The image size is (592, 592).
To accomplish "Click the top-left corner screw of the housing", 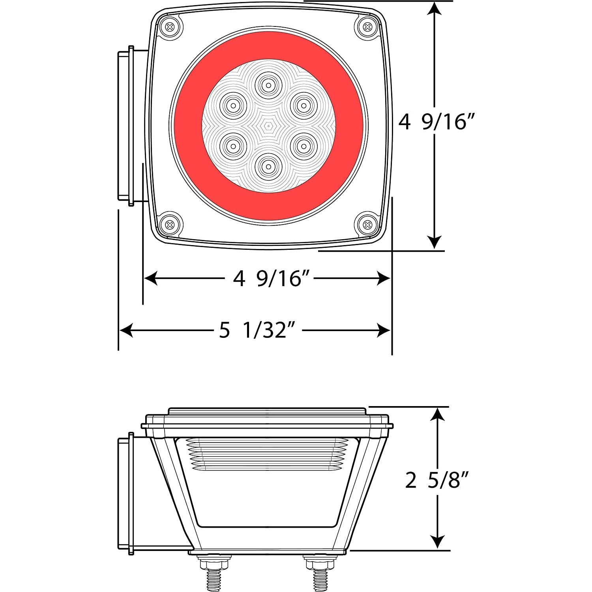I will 170,27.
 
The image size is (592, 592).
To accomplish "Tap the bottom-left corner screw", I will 170,225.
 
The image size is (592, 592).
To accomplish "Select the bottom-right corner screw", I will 368,225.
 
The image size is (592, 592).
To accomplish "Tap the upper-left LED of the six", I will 233,105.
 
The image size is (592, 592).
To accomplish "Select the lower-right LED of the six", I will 303,146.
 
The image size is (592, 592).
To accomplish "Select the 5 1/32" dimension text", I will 257,330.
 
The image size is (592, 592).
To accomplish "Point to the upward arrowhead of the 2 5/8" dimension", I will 437,414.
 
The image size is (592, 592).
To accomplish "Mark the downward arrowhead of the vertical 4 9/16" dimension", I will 435,242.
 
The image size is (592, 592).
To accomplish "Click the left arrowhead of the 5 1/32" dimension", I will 126,330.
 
